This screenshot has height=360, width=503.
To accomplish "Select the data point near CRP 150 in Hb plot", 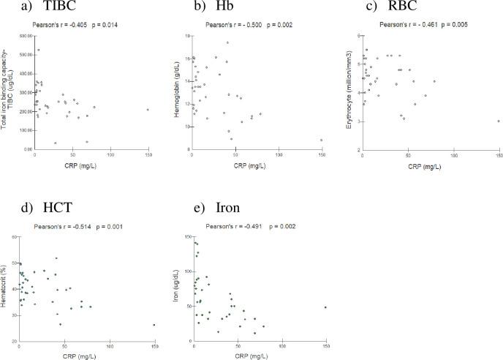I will coord(321,140).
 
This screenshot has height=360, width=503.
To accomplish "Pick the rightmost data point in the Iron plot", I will coord(325,307).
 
